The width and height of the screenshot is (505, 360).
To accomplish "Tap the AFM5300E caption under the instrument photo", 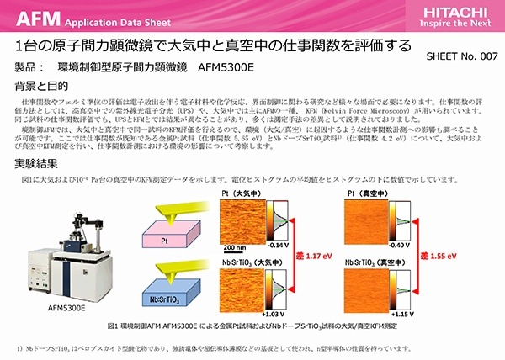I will point(66,309).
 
